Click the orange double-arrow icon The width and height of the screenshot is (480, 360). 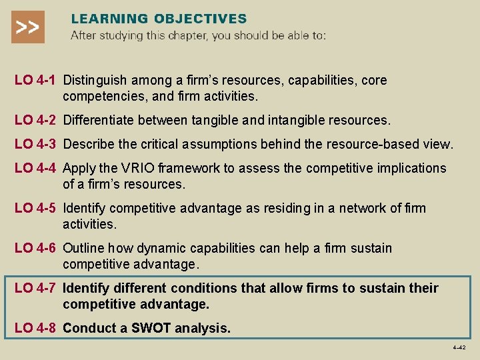27,27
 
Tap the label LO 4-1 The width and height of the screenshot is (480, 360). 36,81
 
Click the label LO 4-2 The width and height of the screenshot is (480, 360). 36,121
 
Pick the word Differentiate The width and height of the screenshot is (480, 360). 100,121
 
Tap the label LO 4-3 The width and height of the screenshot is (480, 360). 36,145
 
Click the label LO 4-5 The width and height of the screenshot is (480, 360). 36,209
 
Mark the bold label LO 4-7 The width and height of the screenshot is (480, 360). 36,289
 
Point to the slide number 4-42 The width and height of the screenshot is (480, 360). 459,348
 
